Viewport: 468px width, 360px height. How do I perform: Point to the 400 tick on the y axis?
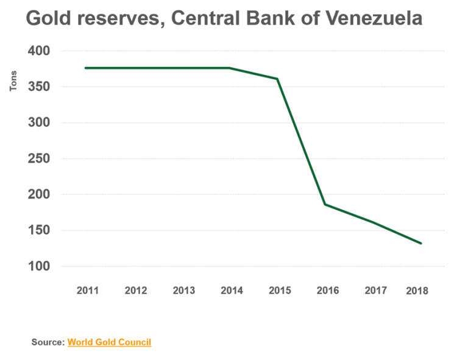pos(39,51)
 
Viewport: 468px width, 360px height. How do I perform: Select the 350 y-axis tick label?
pos(39,87)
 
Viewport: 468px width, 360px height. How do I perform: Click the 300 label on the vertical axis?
pos(39,123)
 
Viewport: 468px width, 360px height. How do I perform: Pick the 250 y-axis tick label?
pos(39,159)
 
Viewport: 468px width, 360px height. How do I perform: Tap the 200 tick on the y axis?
pos(39,195)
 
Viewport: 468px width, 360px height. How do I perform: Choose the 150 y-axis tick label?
pos(39,231)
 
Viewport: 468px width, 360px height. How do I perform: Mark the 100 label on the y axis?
pos(39,267)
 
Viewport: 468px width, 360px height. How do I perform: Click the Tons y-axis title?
pos(13,81)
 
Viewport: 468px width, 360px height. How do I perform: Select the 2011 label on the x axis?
pos(88,291)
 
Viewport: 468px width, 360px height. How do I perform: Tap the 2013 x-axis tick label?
pos(184,291)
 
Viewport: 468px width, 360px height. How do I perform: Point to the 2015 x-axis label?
pos(280,291)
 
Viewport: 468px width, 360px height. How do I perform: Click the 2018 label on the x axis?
pos(417,291)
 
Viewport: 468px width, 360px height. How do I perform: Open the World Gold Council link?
pos(109,342)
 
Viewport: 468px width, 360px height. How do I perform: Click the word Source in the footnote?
pos(48,342)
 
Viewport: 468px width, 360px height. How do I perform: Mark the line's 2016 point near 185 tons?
pos(325,205)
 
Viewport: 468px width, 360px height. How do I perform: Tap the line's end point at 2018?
pos(421,243)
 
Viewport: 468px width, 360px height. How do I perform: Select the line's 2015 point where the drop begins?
pos(278,79)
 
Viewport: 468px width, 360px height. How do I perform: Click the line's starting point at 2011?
pos(85,68)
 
